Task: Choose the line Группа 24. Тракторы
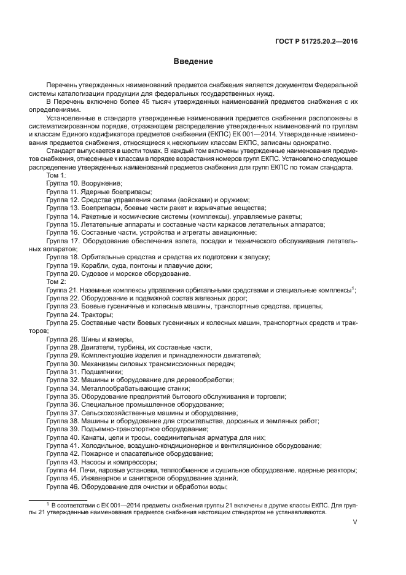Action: [x=80, y=315]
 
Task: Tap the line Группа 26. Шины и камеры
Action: [x=90, y=339]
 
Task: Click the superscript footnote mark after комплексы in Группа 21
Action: [x=354, y=287]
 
